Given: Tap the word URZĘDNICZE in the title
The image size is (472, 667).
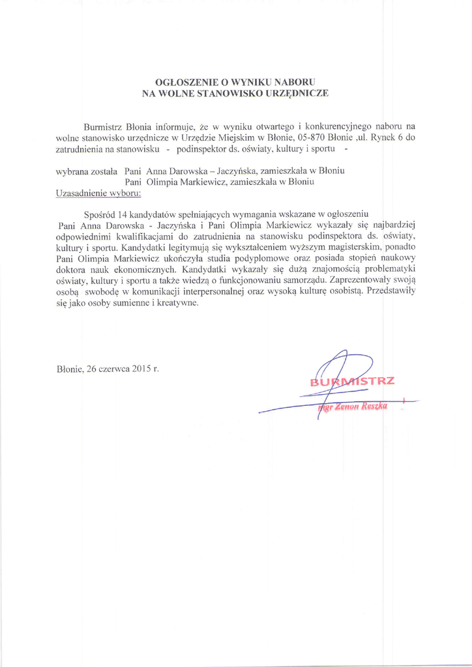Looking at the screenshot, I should tap(297, 93).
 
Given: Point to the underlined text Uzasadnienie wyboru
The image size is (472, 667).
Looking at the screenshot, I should tap(98, 193).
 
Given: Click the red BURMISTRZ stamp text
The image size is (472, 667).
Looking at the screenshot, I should tap(352, 381).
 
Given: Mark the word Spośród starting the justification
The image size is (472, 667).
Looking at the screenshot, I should tap(100, 214).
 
